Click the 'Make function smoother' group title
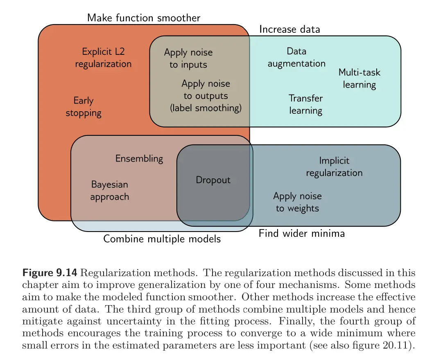click(144, 18)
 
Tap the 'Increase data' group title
click(289, 29)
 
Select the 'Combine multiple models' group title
click(162, 239)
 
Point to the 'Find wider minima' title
click(301, 233)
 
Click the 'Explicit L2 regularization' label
click(103, 58)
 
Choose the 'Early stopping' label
click(84, 107)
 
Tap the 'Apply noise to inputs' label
click(188, 59)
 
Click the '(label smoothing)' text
click(206, 108)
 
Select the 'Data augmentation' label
click(296, 57)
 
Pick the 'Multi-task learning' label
click(359, 79)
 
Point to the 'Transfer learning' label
click(305, 104)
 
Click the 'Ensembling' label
click(139, 158)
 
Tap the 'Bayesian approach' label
click(109, 191)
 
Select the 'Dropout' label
click(213, 180)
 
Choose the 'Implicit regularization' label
click(334, 167)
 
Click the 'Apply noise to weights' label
click(297, 202)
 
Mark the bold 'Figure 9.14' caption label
click(49, 273)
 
